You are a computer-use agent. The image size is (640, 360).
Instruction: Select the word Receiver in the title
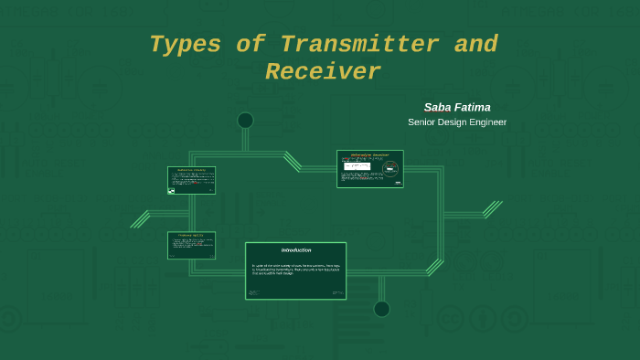pyautogui.click(x=323, y=72)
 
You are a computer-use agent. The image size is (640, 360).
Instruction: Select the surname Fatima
pyautogui.click(x=474, y=107)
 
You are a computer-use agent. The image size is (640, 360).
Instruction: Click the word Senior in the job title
pyautogui.click(x=424, y=122)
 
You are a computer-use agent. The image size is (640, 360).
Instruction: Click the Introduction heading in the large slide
pyautogui.click(x=295, y=250)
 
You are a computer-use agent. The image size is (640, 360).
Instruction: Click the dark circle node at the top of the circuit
pyautogui.click(x=245, y=121)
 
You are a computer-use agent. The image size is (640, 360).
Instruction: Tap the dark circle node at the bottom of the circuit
pyautogui.click(x=381, y=309)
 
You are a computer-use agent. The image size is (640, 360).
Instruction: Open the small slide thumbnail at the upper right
pyautogui.click(x=369, y=169)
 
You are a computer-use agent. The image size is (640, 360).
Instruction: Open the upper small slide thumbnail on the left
pyautogui.click(x=191, y=180)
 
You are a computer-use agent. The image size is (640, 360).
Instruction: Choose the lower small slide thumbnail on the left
pyautogui.click(x=191, y=245)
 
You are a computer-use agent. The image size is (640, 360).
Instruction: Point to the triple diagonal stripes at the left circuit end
pyautogui.click(x=140, y=219)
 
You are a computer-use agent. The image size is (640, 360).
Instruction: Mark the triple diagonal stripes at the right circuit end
pyautogui.click(x=492, y=210)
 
